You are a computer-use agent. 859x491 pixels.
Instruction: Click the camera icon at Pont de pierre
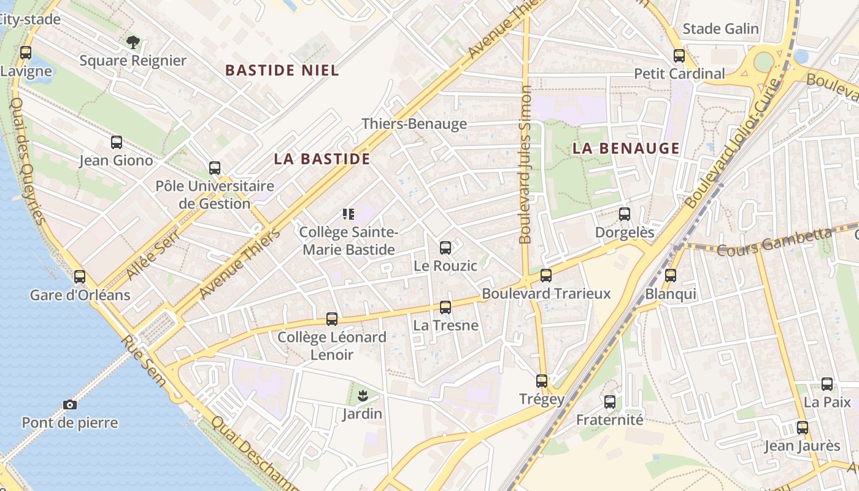[x=70, y=404]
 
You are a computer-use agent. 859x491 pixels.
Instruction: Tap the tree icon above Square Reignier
[x=133, y=42]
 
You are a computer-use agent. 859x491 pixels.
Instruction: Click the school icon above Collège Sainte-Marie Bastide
[x=349, y=214]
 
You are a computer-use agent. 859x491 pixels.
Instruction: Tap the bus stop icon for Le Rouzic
[x=445, y=248]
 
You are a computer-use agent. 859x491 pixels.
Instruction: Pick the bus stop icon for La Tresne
[x=445, y=307]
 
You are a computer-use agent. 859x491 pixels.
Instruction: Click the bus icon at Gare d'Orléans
[x=80, y=277]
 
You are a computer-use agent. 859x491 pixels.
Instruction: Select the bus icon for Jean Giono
[x=117, y=142]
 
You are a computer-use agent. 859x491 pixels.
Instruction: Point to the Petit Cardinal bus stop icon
[x=679, y=56]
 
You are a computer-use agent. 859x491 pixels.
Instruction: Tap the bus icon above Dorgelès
[x=625, y=214]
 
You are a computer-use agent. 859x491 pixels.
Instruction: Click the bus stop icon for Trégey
[x=542, y=381]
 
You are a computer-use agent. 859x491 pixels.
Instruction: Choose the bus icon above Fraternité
[x=609, y=402]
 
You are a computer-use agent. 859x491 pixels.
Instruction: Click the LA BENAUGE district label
[x=626, y=148]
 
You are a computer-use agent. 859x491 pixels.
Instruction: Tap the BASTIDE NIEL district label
[x=282, y=71]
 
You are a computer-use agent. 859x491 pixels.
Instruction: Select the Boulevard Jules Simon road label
[x=525, y=164]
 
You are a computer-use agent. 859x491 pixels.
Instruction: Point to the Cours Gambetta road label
[x=774, y=242]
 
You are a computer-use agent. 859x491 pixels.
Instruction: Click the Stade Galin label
[x=720, y=29]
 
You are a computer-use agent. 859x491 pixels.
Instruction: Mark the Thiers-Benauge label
[x=414, y=123]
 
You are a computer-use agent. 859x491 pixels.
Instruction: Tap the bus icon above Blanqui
[x=671, y=276]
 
